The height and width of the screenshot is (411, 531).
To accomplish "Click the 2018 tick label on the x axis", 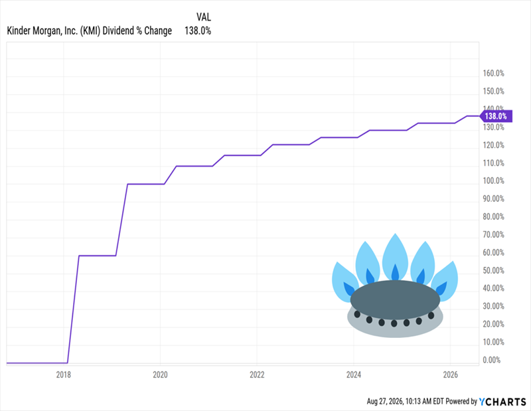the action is (63, 374).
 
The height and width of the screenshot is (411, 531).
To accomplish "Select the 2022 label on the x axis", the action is (257, 374).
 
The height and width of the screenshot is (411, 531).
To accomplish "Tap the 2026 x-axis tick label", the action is (451, 374).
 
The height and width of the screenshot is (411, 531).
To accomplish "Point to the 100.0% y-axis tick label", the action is (493, 181).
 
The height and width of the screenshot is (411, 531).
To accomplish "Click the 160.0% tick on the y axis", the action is (493, 73).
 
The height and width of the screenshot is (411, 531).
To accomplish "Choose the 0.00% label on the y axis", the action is (493, 360).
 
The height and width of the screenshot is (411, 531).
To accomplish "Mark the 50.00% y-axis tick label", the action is (493, 270).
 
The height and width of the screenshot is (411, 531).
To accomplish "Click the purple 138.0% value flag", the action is (496, 116).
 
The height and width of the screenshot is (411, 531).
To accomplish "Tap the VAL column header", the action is (204, 17).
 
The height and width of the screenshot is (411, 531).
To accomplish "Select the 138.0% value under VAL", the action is (198, 31).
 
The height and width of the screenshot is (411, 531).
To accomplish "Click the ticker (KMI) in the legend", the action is (90, 31).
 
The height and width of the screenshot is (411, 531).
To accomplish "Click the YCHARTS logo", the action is (502, 402).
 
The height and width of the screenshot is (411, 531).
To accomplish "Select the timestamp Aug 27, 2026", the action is (385, 402).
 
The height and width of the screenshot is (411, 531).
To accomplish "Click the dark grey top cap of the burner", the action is (395, 299).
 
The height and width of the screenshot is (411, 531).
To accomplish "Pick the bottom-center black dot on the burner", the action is (394, 323).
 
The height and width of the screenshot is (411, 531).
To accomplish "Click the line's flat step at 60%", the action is (98, 256).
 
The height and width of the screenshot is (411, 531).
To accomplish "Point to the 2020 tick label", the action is (160, 374).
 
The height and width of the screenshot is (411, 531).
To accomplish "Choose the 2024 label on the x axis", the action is (354, 374).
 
